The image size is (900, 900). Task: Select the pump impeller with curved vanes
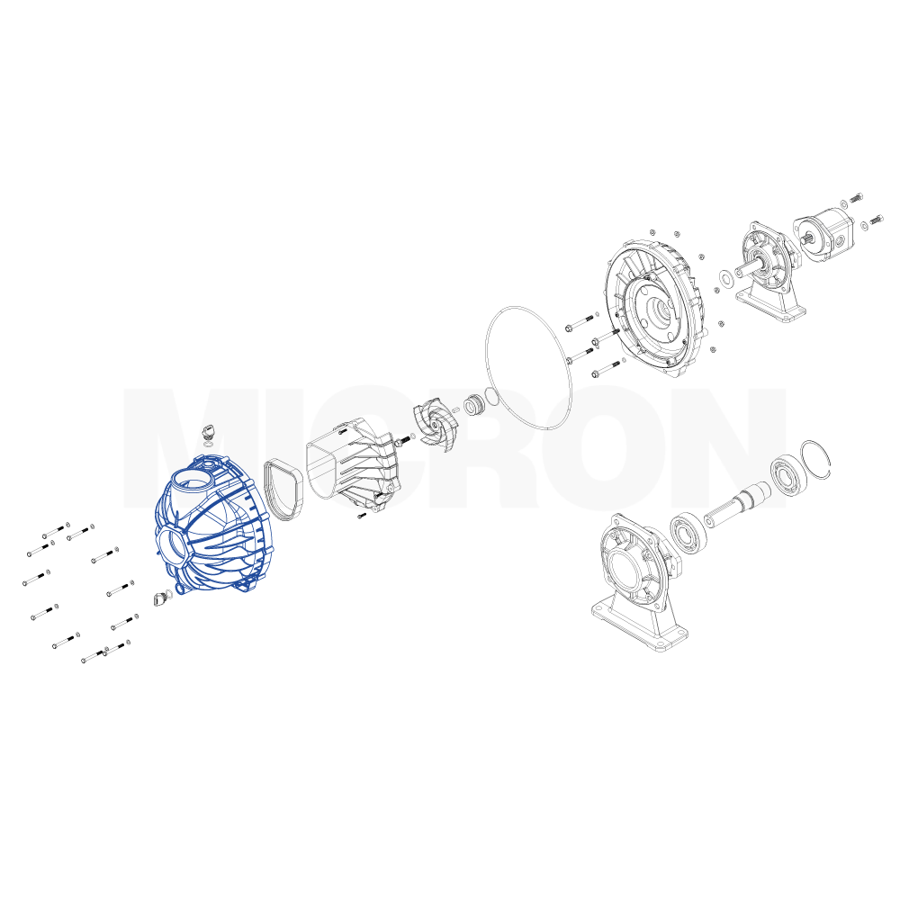coord(436,424)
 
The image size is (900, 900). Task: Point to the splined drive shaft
coord(737,502)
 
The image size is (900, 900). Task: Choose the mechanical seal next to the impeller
coord(474,405)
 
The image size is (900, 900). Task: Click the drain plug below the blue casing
coord(161,598)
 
